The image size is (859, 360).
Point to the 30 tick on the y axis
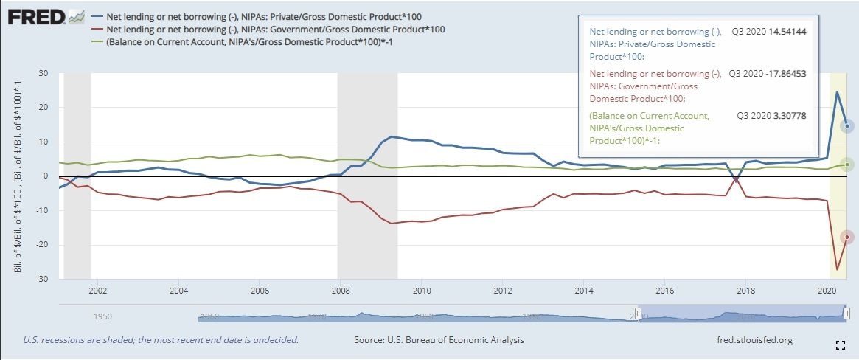(x=44, y=73)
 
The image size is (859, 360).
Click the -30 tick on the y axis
(x=42, y=279)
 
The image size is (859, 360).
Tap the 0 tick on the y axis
(x=45, y=176)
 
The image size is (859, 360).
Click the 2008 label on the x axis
(x=341, y=291)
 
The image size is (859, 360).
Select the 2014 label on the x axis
(x=584, y=291)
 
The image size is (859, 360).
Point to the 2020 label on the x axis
(x=827, y=291)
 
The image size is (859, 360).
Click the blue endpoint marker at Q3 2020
(x=848, y=126)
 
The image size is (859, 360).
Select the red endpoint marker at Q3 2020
(x=848, y=237)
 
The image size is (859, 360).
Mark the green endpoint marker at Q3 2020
(x=848, y=165)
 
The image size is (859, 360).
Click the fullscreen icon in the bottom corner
(x=840, y=345)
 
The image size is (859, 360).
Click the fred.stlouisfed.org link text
(x=754, y=340)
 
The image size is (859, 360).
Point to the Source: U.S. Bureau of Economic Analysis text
(x=439, y=340)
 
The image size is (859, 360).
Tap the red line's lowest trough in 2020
(x=837, y=269)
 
